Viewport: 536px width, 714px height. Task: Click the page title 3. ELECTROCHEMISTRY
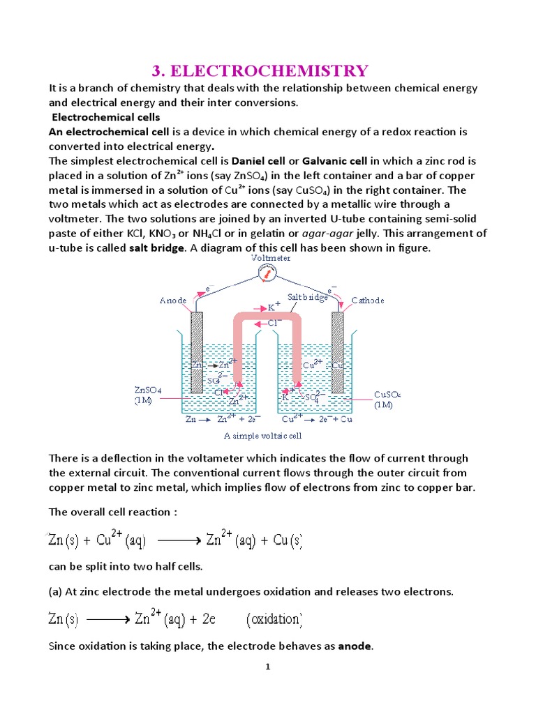[260, 70]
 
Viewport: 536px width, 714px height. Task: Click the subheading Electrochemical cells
[107, 116]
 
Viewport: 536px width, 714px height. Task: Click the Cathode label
[367, 301]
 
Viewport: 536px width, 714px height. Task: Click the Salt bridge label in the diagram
[308, 297]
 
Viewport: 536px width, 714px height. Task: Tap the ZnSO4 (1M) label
[149, 395]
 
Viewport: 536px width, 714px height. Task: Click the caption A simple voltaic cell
[262, 435]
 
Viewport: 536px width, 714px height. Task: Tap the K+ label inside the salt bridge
[274, 307]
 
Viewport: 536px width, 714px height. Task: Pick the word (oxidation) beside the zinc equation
[274, 619]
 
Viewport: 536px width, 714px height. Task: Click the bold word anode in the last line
[355, 646]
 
